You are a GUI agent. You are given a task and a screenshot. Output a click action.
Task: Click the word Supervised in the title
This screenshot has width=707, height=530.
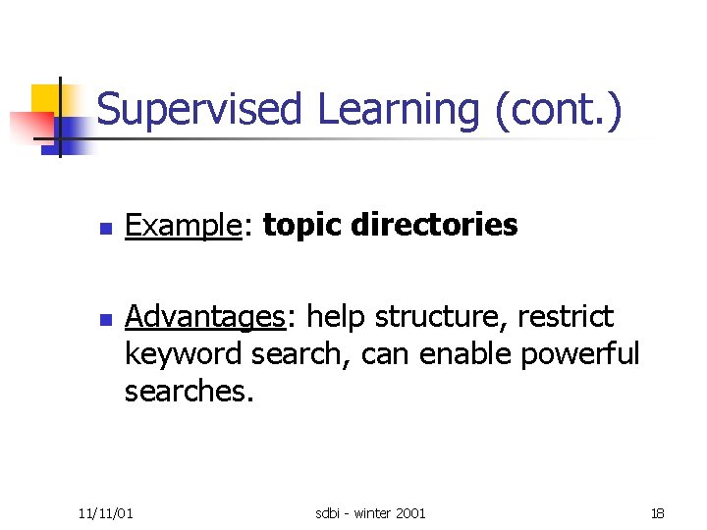click(x=199, y=109)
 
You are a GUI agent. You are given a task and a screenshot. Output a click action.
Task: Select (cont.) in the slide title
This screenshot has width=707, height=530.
click(x=559, y=109)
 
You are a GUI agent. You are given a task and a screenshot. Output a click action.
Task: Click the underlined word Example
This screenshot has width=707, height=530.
click(x=183, y=226)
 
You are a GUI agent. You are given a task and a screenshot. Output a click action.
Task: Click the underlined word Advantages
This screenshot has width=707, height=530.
click(x=203, y=317)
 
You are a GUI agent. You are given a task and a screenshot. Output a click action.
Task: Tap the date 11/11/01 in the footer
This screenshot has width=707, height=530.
click(x=107, y=512)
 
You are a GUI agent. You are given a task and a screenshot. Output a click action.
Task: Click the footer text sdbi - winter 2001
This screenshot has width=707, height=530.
click(x=370, y=512)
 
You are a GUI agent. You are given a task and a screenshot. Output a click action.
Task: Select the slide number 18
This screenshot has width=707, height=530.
click(x=657, y=512)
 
